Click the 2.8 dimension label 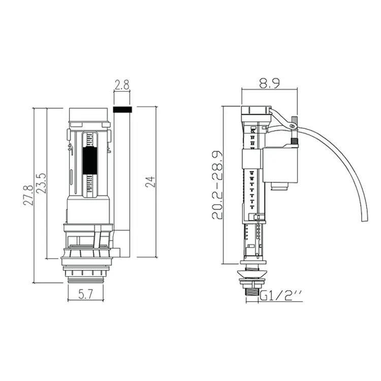122,85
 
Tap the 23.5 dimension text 41,183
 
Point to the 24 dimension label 150,182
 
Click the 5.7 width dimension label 85,295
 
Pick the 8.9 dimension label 269,83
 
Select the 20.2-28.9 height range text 217,185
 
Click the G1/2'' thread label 281,296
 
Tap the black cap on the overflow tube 123,109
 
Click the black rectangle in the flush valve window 90,161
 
